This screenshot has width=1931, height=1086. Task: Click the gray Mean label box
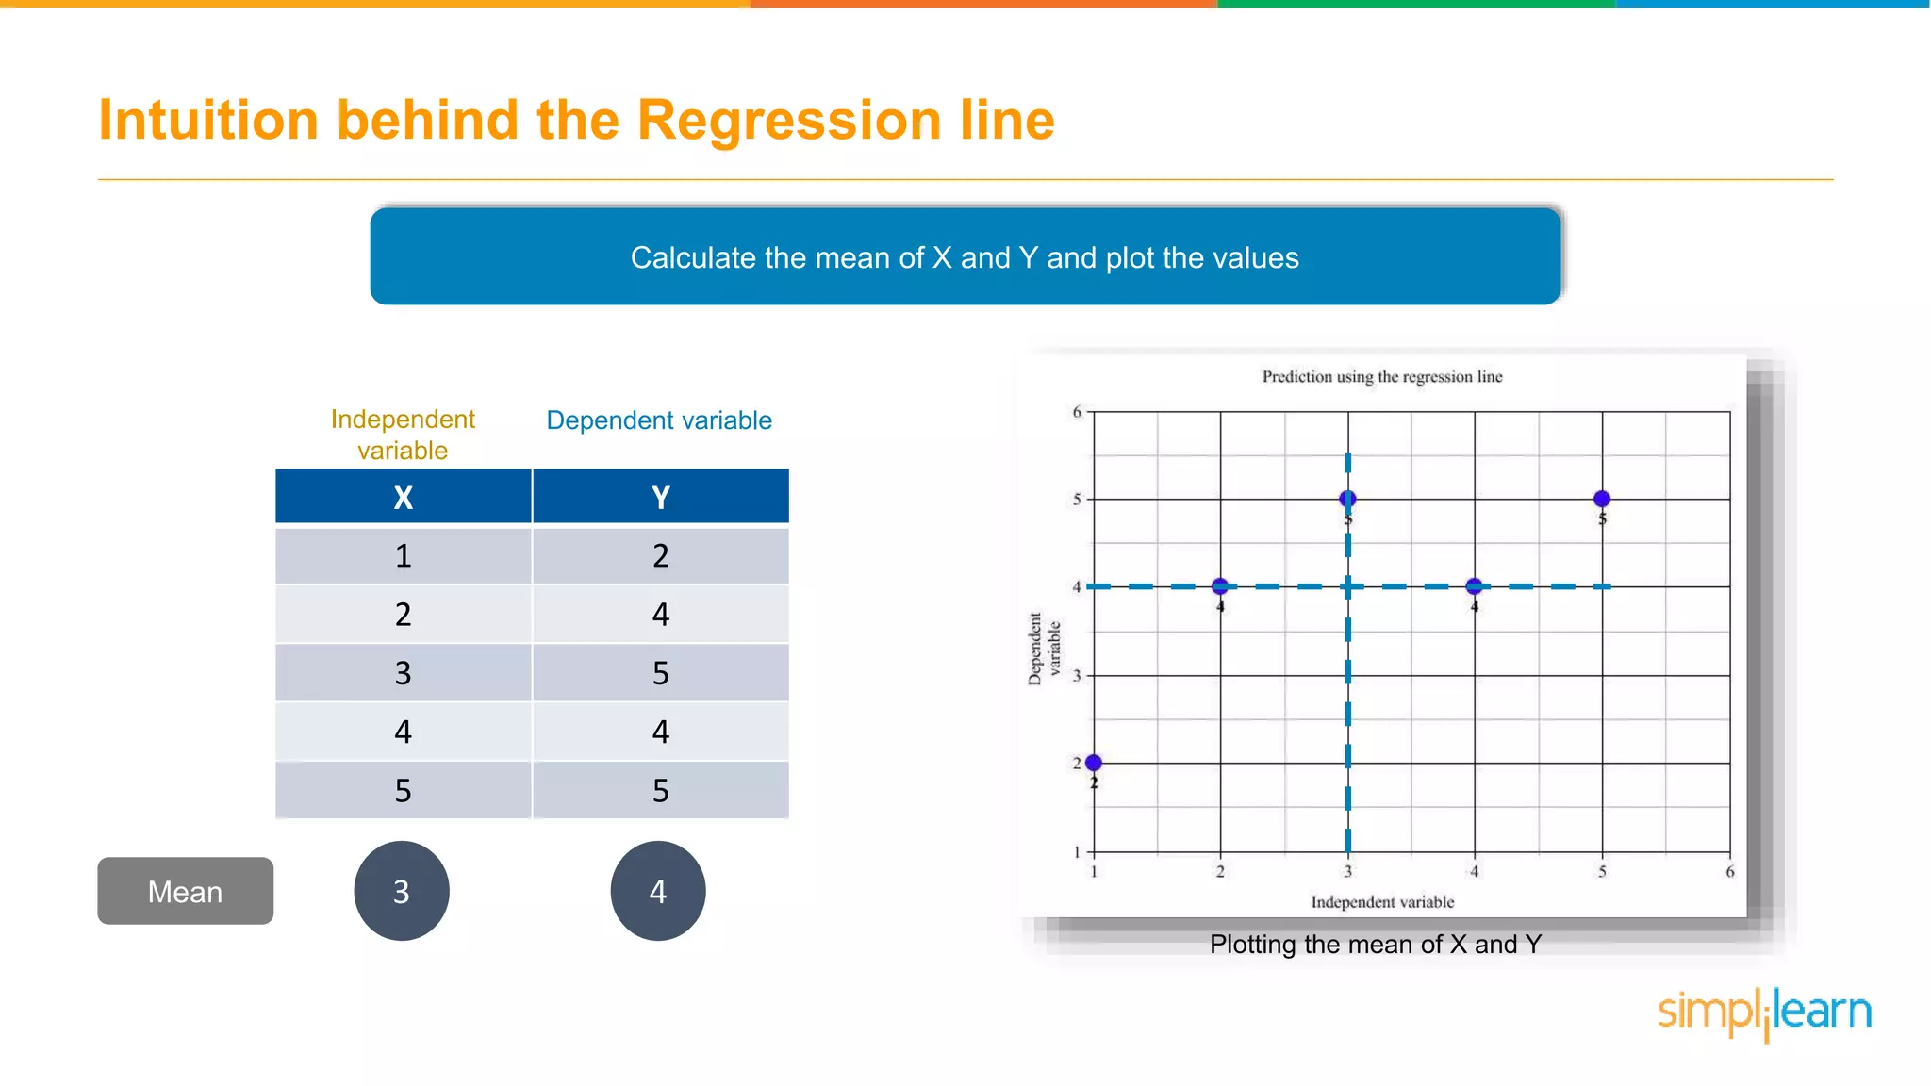click(185, 891)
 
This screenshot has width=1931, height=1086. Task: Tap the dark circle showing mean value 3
click(402, 891)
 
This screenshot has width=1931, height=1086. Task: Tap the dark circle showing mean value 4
click(658, 891)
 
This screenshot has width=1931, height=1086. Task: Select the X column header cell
click(403, 497)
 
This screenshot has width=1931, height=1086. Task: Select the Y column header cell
click(660, 497)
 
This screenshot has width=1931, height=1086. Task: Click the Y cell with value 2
click(660, 556)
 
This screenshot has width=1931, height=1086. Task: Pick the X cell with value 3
click(403, 673)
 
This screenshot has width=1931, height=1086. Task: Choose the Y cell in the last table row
click(660, 790)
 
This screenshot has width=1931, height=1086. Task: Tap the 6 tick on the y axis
click(1077, 412)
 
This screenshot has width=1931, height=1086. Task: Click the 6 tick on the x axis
click(1729, 872)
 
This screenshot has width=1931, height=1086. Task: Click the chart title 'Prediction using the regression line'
click(1381, 377)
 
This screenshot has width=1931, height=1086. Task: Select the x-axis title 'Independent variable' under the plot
click(1381, 902)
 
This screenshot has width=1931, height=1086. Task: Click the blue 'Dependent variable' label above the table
click(659, 420)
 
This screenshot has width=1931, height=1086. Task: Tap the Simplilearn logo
click(1764, 1012)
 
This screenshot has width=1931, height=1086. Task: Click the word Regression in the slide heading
click(790, 121)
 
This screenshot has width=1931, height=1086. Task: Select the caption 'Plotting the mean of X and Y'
click(1375, 945)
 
